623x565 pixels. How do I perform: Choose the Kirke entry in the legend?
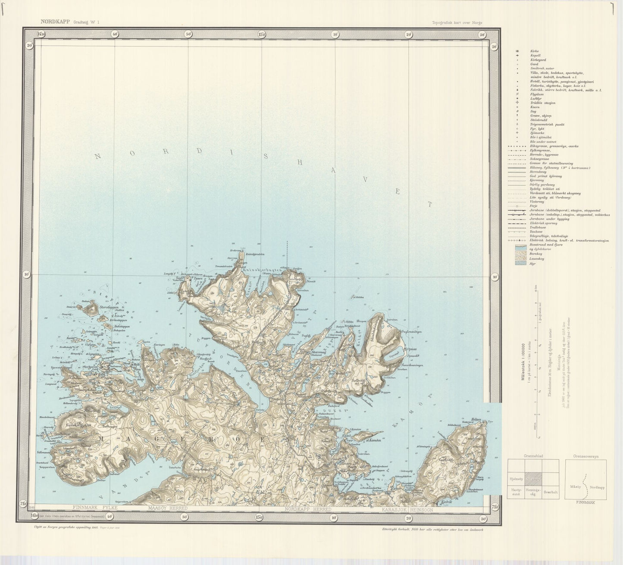click(535, 51)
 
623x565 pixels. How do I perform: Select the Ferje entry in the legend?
click(534, 206)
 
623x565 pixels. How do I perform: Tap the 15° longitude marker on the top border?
click(262, 34)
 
